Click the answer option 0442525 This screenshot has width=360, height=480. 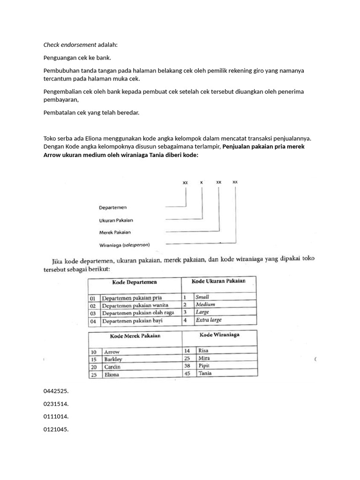pyautogui.click(x=56, y=390)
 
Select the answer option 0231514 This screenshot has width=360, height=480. pyautogui.click(x=56, y=403)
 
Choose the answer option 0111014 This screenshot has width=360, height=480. pyautogui.click(x=56, y=416)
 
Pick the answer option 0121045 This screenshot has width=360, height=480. pyautogui.click(x=56, y=429)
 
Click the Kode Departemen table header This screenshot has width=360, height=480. pyautogui.click(x=135, y=282)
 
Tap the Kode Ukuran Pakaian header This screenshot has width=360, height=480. pyautogui.click(x=218, y=281)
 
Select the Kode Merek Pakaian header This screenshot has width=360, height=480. pyautogui.click(x=135, y=336)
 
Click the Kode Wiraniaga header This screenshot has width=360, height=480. pyautogui.click(x=219, y=335)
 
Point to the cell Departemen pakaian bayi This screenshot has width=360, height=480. pyautogui.click(x=136, y=321)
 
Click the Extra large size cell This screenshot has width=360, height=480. pyautogui.click(x=209, y=320)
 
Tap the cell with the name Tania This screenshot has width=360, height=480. pyautogui.click(x=205, y=373)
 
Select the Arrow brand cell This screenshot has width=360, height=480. pyautogui.click(x=112, y=352)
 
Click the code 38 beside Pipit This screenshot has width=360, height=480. pyautogui.click(x=187, y=365)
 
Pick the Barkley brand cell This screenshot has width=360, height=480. pyautogui.click(x=113, y=359)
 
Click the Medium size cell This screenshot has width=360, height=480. pyautogui.click(x=205, y=304)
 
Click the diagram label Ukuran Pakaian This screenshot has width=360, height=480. pyautogui.click(x=116, y=220)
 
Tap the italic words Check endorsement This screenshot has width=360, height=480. pyautogui.click(x=70, y=45)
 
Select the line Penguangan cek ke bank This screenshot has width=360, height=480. pyautogui.click(x=77, y=58)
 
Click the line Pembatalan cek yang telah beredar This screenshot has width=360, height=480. pyautogui.click(x=91, y=112)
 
